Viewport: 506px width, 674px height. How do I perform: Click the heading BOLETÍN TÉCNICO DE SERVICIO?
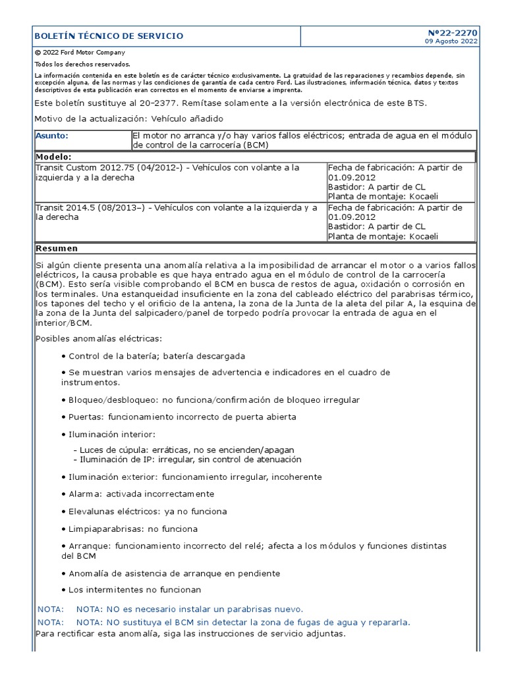click(x=109, y=36)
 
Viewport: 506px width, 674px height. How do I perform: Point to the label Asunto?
click(x=52, y=136)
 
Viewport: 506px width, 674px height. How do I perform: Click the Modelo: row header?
click(x=54, y=157)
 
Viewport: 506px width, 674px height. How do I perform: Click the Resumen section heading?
click(x=57, y=248)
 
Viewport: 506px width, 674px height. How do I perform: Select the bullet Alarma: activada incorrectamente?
click(x=141, y=494)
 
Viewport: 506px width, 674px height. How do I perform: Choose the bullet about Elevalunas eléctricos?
click(x=148, y=511)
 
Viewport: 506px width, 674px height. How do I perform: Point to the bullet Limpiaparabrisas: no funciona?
click(x=132, y=529)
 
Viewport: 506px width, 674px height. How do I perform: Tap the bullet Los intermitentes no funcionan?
click(x=134, y=590)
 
